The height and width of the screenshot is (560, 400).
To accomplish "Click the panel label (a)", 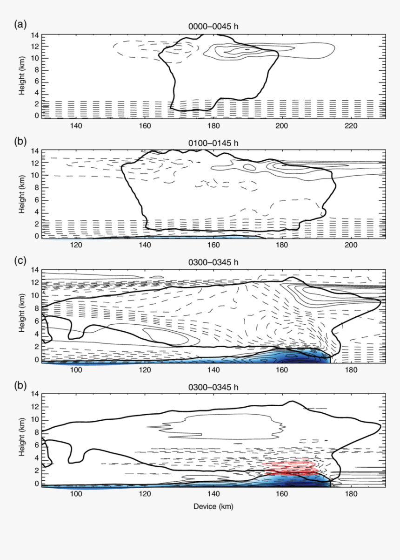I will point(20,24).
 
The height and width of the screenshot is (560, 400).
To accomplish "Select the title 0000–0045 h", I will point(213,27).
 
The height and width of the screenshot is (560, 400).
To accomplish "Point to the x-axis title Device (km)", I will point(213,506).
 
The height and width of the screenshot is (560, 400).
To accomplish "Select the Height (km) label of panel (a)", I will point(21,75).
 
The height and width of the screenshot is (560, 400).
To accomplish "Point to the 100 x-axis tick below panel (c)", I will point(75,370).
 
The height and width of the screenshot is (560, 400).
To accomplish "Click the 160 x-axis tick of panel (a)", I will point(144,126).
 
